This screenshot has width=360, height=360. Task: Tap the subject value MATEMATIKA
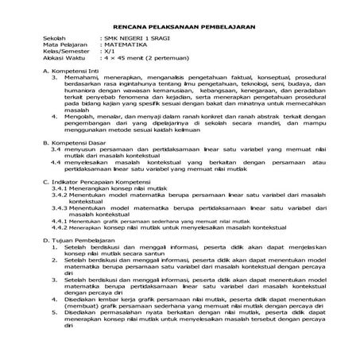[x=122, y=45]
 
